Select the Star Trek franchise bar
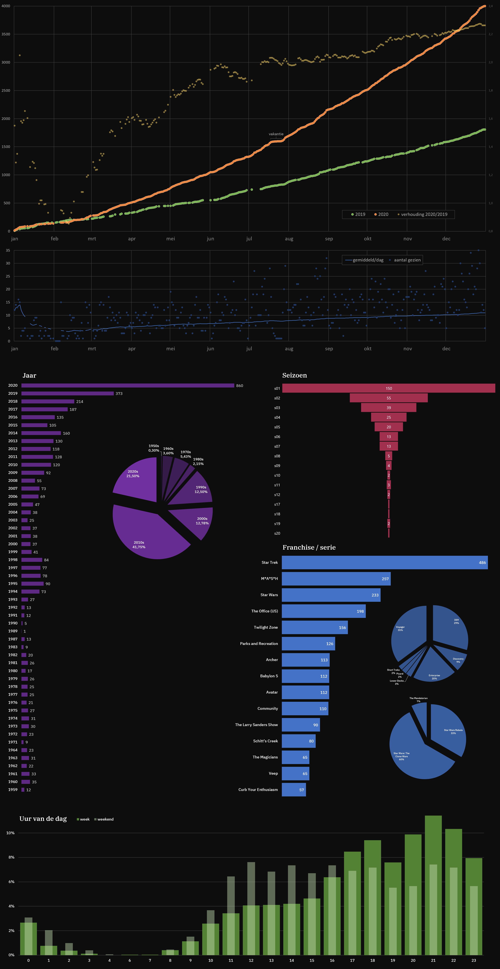pyautogui.click(x=384, y=562)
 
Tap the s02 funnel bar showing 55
pyautogui.click(x=388, y=398)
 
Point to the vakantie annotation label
pyautogui.click(x=276, y=134)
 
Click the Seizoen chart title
pyautogui.click(x=294, y=375)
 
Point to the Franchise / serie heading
pyautogui.click(x=309, y=547)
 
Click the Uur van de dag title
pyautogui.click(x=43, y=819)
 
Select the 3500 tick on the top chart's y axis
pyautogui.click(x=6, y=34)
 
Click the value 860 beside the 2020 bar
pyautogui.click(x=239, y=386)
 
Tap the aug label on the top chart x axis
pyautogui.click(x=289, y=238)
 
